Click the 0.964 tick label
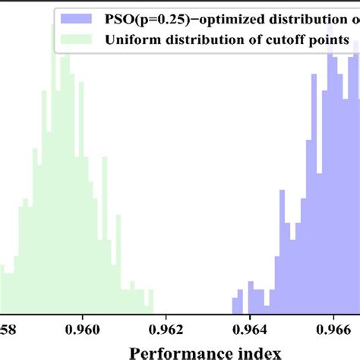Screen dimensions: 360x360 (250, 330)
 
